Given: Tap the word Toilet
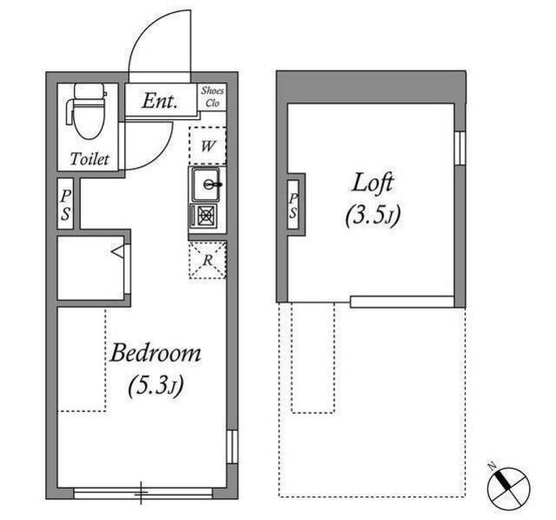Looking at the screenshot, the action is coord(89,158).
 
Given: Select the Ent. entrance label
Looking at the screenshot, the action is coord(159,101).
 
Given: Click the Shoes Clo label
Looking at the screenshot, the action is coord(212,97).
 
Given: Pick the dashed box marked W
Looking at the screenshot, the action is coord(208,145).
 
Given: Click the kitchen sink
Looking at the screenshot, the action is coord(207,184).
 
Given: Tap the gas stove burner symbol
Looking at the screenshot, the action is coord(204,216).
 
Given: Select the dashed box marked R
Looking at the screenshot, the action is coord(208,260).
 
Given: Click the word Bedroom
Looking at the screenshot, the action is coord(156,353).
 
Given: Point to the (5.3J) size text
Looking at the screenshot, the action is coord(156,385).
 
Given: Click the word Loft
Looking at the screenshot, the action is coord(373,183).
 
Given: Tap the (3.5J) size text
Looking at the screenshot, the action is coord(373,215).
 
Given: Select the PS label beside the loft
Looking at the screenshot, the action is coord(293,205).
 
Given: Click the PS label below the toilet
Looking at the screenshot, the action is coord(66,205).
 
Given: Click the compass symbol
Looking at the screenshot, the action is coord(508,488).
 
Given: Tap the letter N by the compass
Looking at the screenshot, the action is coord(492,466).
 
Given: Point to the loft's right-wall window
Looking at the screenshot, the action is coord(460,148).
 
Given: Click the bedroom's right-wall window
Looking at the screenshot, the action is coord(232,447).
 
